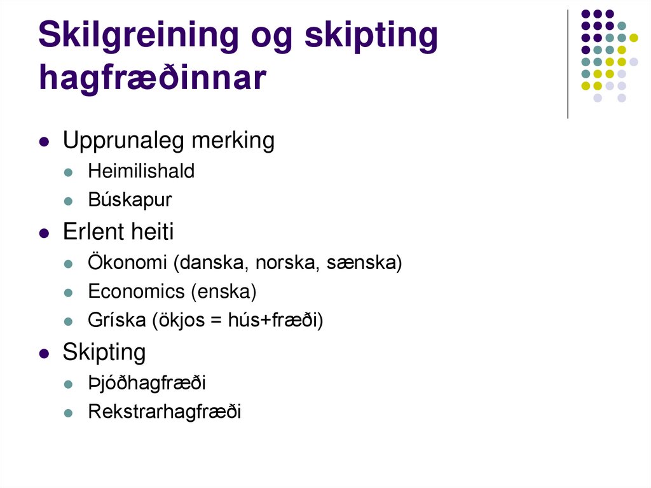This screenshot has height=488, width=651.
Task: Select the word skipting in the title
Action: [x=371, y=36]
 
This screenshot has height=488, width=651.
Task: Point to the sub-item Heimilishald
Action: [x=141, y=171]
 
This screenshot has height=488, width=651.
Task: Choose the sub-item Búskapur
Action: [x=130, y=200]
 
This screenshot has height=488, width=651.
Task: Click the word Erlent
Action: [x=92, y=232]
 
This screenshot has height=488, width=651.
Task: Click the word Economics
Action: [x=136, y=291]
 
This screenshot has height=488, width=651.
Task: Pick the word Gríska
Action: [x=117, y=321]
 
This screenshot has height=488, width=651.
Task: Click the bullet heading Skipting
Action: [x=104, y=352]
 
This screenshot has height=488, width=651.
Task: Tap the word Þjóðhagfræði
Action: [x=147, y=383]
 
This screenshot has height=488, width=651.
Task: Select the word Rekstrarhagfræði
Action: [x=165, y=412]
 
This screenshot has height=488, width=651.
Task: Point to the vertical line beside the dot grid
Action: [x=568, y=64]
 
